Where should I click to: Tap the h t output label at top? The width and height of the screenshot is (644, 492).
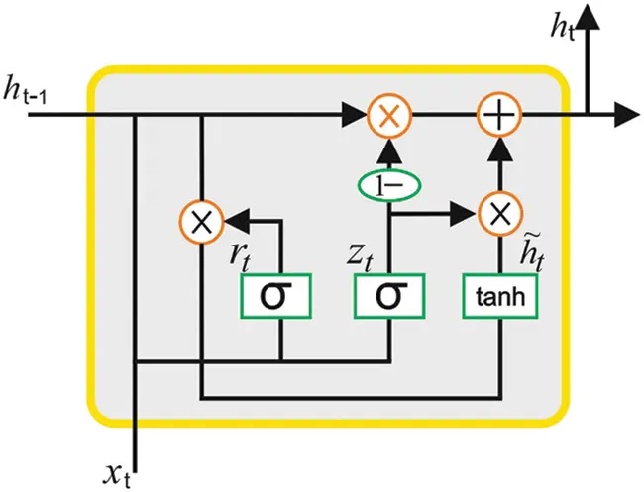565,30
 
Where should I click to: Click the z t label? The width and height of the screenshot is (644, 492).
360,254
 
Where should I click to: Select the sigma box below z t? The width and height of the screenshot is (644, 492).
388,295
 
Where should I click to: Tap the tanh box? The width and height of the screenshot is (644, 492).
500,295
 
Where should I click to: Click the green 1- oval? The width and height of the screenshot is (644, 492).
388,184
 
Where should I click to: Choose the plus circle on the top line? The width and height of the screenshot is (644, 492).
500,116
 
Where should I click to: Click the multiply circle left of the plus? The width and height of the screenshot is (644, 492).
388,116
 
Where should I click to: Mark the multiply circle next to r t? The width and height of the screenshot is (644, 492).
202,221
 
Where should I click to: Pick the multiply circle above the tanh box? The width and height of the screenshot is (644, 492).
500,213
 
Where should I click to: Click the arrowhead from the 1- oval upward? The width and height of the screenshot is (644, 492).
388,151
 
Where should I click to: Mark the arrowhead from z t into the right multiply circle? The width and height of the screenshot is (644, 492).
464,212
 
